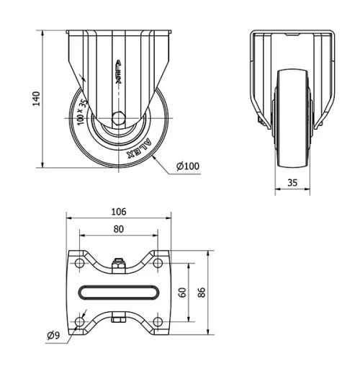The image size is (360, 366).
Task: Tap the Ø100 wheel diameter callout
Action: tap(188, 167)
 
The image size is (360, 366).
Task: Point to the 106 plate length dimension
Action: tap(119, 211)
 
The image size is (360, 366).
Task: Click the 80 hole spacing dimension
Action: tap(119, 229)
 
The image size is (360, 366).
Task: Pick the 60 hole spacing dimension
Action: tap(183, 292)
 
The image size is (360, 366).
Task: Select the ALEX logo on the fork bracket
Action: tap(119, 73)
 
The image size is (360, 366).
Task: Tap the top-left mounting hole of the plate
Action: tap(78, 264)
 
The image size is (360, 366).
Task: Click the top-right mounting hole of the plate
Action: tap(158, 264)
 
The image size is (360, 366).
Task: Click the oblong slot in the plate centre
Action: tap(119, 292)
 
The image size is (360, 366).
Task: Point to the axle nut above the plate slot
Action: tap(119, 264)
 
